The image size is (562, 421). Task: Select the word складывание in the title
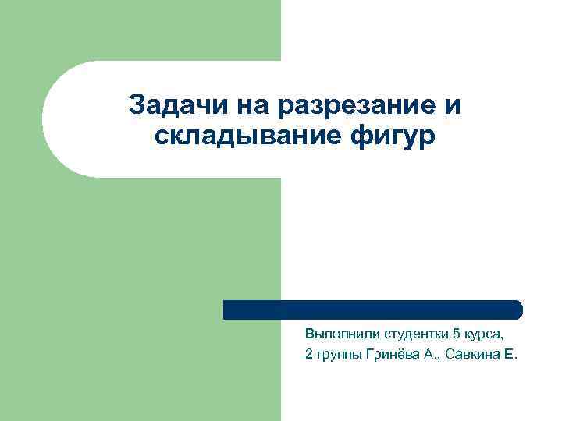[x=237, y=136]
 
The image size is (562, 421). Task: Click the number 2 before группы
[x=309, y=356]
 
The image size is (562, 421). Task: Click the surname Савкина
[x=469, y=356]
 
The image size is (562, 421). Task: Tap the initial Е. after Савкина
[x=512, y=356]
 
